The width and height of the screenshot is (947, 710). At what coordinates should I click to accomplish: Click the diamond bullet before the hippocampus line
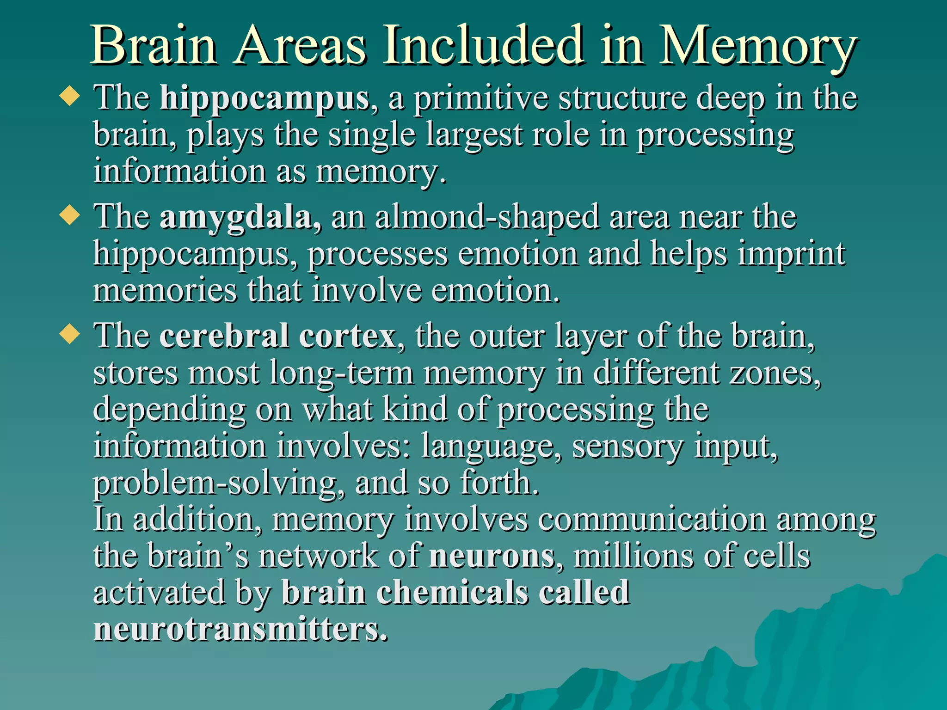(x=70, y=97)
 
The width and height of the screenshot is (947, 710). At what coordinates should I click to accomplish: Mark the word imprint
(x=791, y=254)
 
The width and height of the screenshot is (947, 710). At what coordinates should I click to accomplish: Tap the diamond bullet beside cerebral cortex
(x=70, y=334)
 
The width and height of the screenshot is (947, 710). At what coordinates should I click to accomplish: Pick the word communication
(x=652, y=520)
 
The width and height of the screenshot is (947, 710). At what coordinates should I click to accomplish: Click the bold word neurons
(x=492, y=556)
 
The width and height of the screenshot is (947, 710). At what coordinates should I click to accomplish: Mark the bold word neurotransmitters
(x=240, y=630)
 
